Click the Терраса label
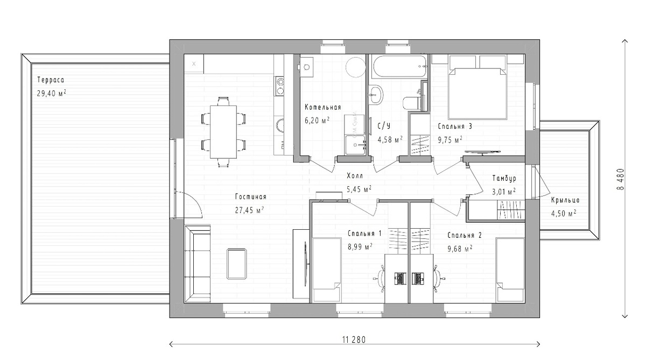point(51,80)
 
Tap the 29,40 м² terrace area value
point(51,94)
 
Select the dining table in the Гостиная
point(223,132)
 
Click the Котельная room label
point(322,107)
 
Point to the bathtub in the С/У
point(399,67)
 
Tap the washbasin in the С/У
point(376,94)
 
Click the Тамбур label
point(504,179)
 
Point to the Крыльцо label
point(565,200)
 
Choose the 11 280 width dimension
point(354,340)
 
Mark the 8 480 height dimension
point(620,179)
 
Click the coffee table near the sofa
point(236,264)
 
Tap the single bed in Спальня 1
point(326,270)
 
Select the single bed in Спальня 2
point(510,270)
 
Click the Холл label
point(355,176)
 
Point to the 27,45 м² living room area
point(249,210)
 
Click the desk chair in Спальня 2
point(438,279)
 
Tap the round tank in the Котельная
point(356,67)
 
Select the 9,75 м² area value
point(450,140)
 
